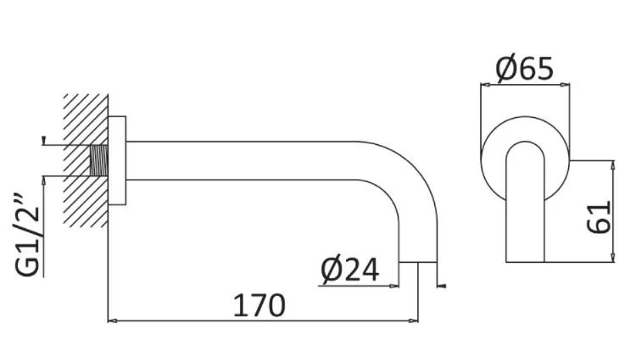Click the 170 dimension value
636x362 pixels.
tap(259, 306)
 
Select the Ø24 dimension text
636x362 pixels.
tap(350, 270)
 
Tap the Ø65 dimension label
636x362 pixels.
tap(524, 68)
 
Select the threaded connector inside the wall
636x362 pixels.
tap(98, 160)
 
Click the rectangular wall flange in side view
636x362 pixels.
tap(117, 160)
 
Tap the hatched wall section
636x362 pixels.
tap(86, 160)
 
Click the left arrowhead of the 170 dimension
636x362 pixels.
tap(112, 320)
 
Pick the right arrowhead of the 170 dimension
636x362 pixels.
tap(414, 320)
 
